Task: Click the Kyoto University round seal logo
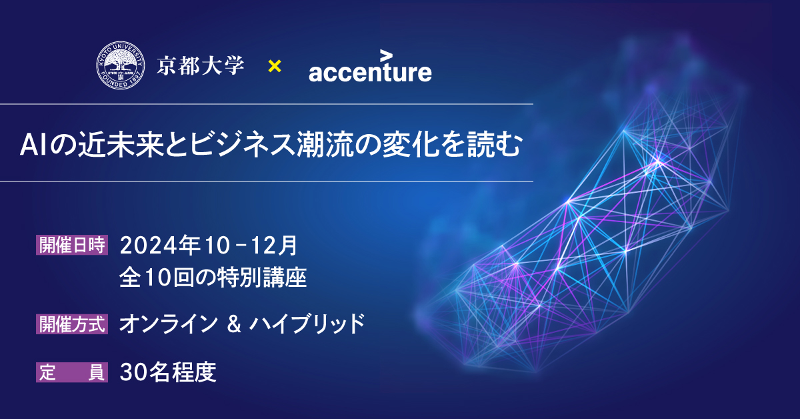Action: click(121, 65)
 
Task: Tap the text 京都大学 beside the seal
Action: click(201, 66)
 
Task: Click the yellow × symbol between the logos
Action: click(275, 66)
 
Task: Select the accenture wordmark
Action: click(371, 72)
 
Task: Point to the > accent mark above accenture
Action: click(386, 56)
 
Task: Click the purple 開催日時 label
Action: click(72, 245)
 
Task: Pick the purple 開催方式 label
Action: click(72, 324)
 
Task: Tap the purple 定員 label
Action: click(72, 372)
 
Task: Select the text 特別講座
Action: click(262, 278)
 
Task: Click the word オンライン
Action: click(169, 324)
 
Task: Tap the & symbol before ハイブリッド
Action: click(234, 324)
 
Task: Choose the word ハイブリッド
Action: click(307, 324)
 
